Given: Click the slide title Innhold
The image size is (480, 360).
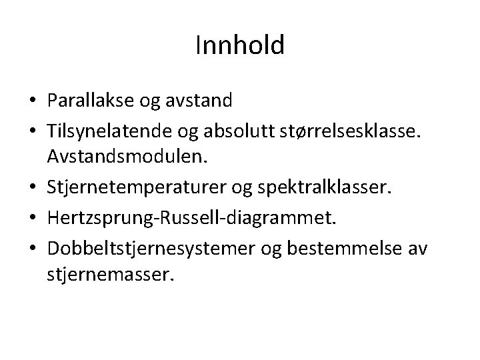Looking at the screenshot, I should [240, 45].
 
